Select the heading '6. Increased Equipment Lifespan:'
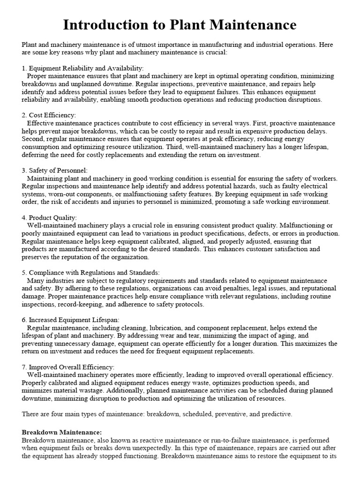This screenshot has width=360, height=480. (x=71, y=320)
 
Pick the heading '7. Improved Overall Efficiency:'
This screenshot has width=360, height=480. (x=68, y=367)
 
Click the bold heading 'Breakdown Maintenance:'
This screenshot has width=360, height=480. (x=62, y=432)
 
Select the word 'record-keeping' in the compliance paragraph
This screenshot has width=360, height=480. (x=80, y=304)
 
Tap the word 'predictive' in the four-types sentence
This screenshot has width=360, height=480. (x=276, y=414)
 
